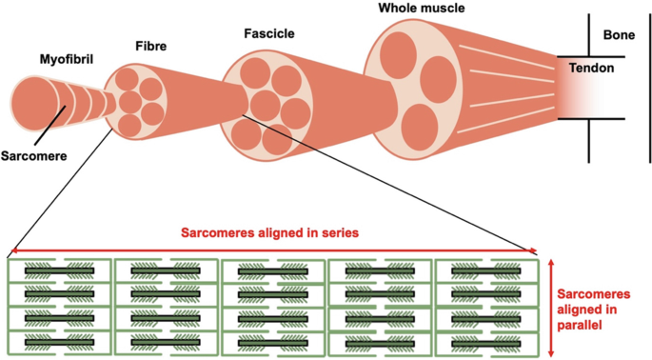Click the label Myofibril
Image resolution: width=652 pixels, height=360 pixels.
click(66, 59)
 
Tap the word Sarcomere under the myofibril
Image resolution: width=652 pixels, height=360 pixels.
click(33, 156)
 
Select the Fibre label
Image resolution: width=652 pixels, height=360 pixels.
click(151, 46)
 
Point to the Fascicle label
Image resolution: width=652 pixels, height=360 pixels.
click(269, 33)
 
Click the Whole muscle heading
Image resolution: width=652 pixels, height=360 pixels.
click(422, 8)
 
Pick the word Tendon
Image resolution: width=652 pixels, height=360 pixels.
click(591, 68)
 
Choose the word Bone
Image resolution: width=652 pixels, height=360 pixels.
click(619, 35)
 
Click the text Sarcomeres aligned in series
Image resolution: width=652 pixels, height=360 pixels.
click(270, 232)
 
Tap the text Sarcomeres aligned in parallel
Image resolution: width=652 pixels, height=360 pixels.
click(593, 310)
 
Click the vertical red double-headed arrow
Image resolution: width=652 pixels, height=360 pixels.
click(551, 308)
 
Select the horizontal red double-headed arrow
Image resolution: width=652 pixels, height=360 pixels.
click(273, 250)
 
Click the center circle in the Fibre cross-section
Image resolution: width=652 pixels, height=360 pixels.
click(130, 102)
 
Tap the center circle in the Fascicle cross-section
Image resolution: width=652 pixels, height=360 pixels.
click(265, 105)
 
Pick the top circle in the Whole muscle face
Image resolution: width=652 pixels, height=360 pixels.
click(398, 50)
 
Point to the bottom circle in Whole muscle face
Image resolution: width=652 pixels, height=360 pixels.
click(420, 127)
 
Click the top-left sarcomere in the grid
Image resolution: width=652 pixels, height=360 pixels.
click(59, 270)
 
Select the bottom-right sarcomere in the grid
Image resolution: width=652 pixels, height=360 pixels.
click(486, 344)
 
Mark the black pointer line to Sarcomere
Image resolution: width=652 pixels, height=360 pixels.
click(49, 126)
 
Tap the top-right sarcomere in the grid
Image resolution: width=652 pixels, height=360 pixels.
click(486, 270)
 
